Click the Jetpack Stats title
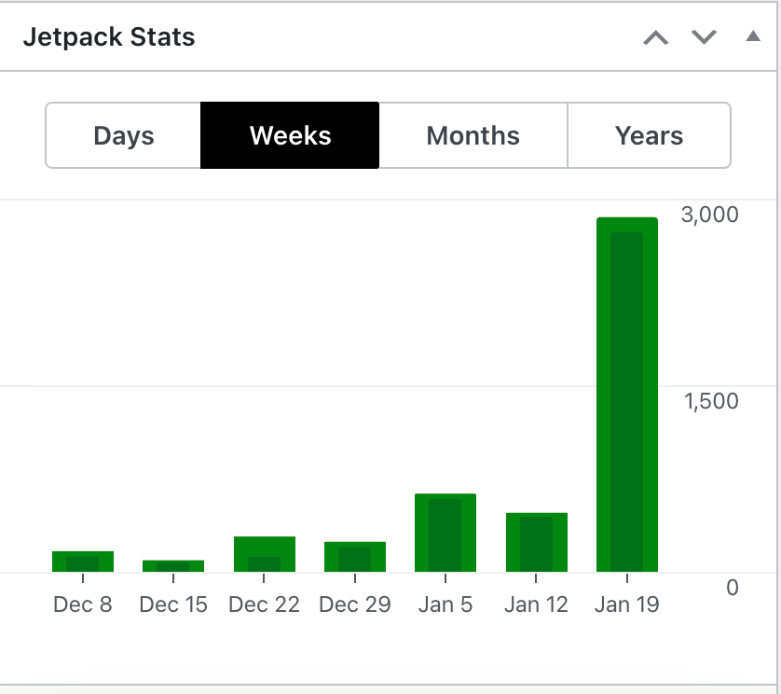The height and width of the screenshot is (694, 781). (109, 38)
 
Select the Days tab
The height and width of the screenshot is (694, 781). (123, 136)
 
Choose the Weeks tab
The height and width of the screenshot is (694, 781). (290, 136)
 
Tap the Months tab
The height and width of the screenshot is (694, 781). (473, 136)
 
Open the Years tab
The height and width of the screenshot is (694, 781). (649, 136)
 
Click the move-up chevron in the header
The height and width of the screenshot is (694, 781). (656, 38)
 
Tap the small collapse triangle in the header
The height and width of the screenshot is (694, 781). (753, 37)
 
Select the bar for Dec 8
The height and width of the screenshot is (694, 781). (83, 562)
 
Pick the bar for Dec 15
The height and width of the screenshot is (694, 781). (173, 566)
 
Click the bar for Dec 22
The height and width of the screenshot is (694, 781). (265, 555)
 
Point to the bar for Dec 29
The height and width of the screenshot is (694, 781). (355, 557)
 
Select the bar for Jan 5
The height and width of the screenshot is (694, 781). (445, 533)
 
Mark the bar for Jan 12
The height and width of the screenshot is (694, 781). (537, 542)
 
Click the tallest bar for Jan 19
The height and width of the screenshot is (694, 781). (627, 395)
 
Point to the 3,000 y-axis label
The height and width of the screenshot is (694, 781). (710, 215)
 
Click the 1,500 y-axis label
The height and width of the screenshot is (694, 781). (710, 401)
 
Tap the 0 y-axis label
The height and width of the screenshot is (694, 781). (733, 588)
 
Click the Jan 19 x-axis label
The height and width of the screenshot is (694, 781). (626, 604)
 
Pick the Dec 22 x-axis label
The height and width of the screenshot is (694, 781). (264, 604)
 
